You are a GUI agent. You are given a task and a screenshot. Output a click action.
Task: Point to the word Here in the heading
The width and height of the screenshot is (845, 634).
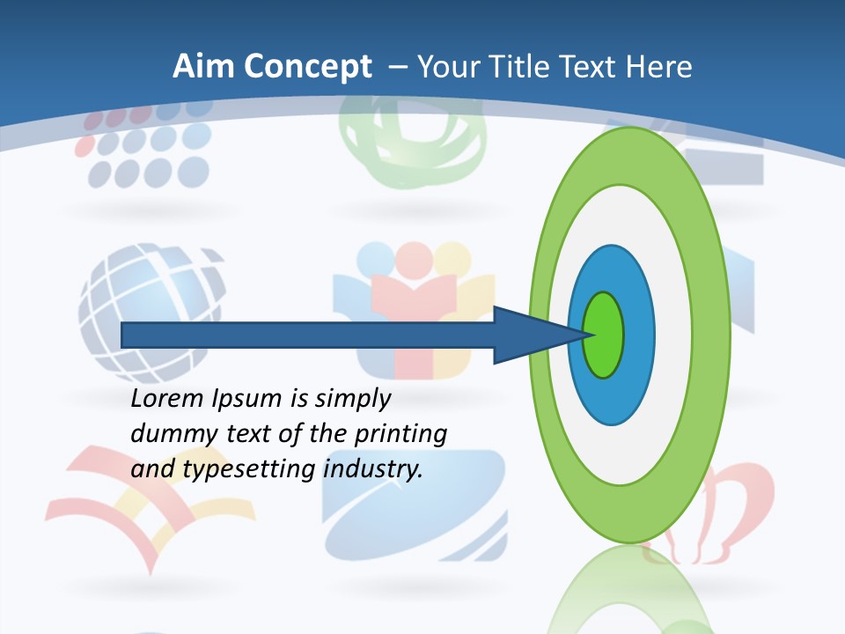pyautogui.click(x=659, y=67)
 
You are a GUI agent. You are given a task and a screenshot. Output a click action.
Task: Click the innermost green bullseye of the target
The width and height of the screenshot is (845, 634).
pyautogui.click(x=603, y=335)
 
